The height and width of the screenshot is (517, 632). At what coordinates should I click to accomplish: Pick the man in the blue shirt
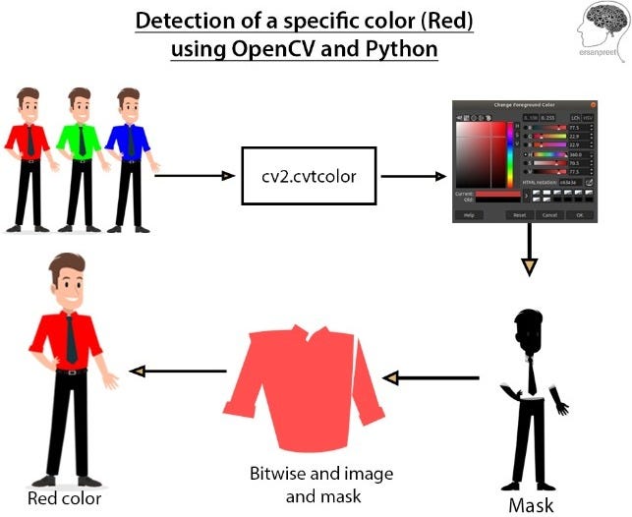coord(128,157)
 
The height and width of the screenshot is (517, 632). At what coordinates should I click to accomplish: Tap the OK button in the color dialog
coord(580,214)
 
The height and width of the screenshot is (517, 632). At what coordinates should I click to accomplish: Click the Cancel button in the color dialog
coord(549,214)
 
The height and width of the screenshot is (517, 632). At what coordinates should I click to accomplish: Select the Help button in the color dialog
coord(469,214)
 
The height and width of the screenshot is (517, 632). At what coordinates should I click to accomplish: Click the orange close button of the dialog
coord(593,104)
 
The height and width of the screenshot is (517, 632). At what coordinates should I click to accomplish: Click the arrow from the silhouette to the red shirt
coord(432,377)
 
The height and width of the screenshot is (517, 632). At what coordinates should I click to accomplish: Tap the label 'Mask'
coord(531,506)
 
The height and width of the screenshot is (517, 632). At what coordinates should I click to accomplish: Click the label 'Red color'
coord(65,499)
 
